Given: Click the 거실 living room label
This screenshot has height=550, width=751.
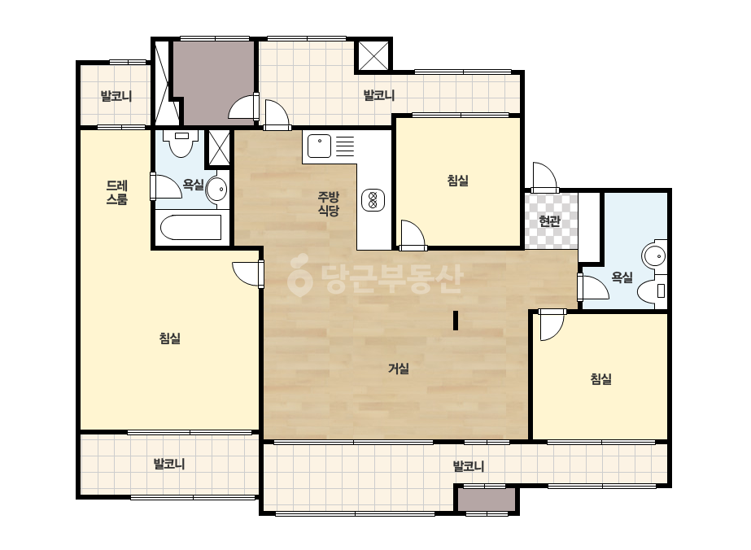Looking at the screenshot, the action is coord(399,369).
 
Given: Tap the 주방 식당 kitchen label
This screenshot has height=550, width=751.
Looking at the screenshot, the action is coord(329,203).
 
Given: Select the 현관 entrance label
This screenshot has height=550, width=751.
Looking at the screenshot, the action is coord(549,220).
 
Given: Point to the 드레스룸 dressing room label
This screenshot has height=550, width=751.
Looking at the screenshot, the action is coord(117,193).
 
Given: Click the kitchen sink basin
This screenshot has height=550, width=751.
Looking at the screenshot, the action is coord(319,146).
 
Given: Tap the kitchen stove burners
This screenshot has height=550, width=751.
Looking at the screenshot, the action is coord(373,199).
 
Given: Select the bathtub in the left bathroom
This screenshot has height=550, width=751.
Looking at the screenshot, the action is coord(190,228).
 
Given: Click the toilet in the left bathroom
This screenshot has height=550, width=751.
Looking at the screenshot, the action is coord(181,142).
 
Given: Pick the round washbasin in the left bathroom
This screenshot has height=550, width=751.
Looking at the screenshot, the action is coord(216,190).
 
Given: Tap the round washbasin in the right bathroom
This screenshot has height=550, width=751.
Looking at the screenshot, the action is coord(655,256).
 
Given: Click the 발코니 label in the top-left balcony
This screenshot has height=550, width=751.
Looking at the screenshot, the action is coord(116,96).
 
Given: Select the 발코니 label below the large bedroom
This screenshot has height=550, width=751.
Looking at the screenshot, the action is coord(169,464).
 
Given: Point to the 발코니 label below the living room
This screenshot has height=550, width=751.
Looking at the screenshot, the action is coord(469,465).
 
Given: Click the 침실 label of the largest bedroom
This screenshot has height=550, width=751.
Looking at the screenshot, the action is coord(170,338).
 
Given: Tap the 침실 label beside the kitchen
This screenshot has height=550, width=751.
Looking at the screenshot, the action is coord(458,181).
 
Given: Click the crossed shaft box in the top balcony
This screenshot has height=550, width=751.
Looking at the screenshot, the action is coord(373,55).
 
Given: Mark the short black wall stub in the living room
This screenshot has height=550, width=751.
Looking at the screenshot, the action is coord(456,321).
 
